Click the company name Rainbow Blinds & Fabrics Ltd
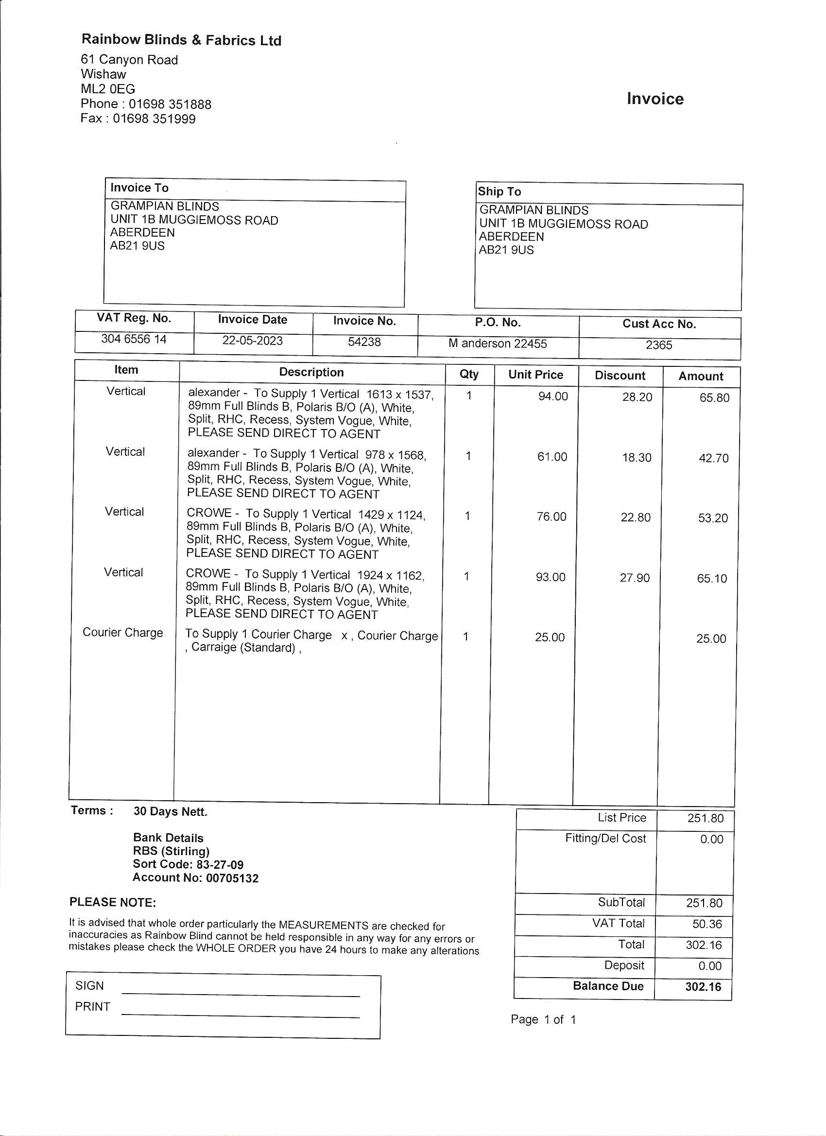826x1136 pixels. [x=181, y=40]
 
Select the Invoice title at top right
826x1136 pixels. [x=654, y=99]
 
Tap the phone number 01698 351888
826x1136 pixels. [x=170, y=104]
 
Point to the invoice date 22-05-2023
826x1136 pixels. [x=253, y=341]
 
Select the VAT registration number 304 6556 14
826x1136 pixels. [x=134, y=339]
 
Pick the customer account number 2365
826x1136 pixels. [x=659, y=344]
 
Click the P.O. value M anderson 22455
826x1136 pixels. [x=498, y=343]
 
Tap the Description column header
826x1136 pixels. [x=311, y=372]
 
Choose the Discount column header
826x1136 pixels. [x=619, y=376]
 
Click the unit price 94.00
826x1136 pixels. [x=553, y=396]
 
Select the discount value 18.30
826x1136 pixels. [x=637, y=457]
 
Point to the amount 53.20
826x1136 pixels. [x=713, y=518]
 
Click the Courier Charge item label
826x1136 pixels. [x=123, y=632]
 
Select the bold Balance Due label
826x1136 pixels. [x=608, y=986]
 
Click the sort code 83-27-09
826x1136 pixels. [x=220, y=864]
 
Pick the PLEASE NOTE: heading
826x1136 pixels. [x=113, y=902]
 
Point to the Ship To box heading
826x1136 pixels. [x=499, y=191]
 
